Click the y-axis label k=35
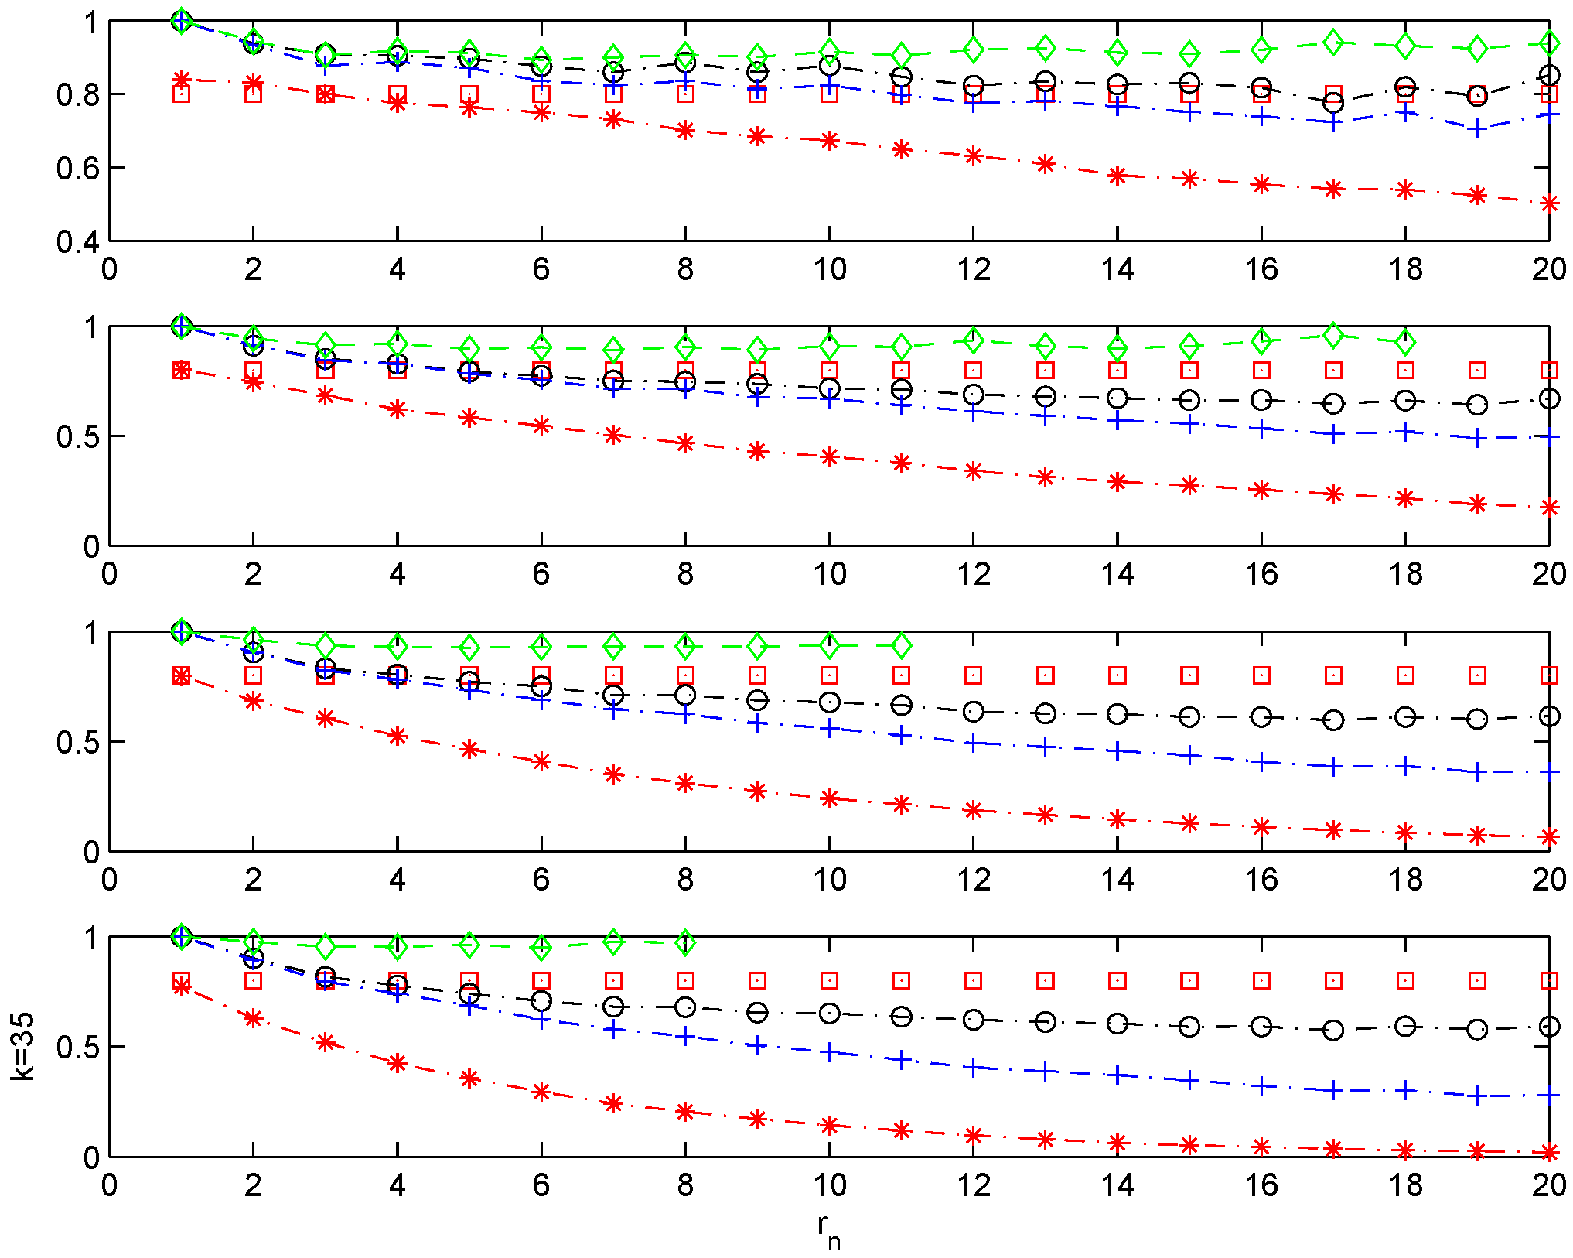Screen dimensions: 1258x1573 23,1046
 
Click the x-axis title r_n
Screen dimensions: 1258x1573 828,1229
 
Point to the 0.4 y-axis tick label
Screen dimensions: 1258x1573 77,241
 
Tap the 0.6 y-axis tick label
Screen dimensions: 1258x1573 77,168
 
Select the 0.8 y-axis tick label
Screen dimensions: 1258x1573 77,94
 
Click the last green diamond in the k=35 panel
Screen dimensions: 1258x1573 685,943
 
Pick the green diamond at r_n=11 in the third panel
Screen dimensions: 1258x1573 901,645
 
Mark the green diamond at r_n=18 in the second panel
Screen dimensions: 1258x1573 1405,341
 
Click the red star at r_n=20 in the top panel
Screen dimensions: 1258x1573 1549,203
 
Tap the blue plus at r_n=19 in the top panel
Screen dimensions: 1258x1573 1477,129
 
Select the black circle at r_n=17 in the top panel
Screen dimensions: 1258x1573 1333,103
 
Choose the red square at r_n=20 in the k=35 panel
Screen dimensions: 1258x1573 1549,980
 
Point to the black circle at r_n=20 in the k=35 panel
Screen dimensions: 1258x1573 1549,1027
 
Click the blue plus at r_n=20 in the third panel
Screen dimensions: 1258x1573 1549,772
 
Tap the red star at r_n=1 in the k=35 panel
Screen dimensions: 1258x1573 182,986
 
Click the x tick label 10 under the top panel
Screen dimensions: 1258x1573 829,269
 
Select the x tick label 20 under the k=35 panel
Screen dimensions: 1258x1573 1549,1185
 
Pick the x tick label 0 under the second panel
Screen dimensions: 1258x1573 109,574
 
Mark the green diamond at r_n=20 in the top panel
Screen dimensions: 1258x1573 1549,43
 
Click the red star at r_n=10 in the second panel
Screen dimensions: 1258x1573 829,456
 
